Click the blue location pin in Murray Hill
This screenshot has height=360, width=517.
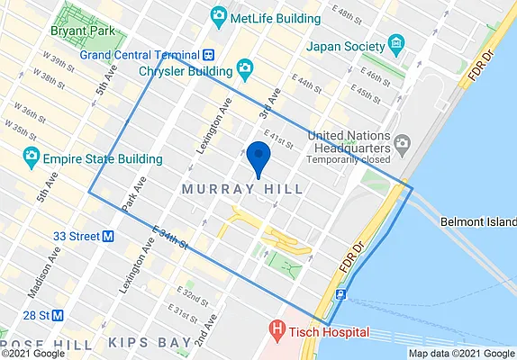point(258,157)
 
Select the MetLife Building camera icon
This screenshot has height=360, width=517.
point(217,15)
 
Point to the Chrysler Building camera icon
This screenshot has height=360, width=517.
point(244,69)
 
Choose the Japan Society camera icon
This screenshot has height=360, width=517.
point(395,45)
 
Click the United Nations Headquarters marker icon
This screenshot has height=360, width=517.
point(403,143)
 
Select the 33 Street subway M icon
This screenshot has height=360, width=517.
point(108,237)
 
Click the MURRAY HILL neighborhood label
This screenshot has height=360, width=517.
point(242,189)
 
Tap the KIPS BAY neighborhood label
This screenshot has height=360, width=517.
point(150,343)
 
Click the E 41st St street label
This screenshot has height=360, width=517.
point(279,139)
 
